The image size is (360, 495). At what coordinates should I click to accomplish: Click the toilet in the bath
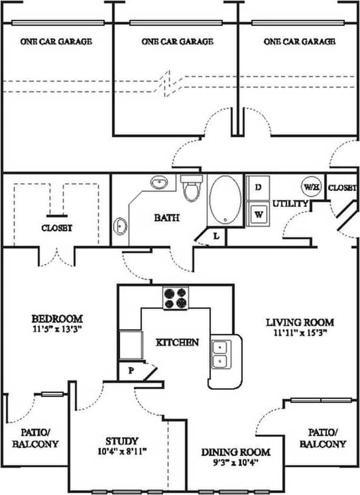(x=192, y=188)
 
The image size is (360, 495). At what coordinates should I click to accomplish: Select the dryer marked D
(x=258, y=188)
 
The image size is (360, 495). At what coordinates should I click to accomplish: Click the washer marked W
(x=258, y=214)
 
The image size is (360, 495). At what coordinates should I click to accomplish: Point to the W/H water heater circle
(x=312, y=186)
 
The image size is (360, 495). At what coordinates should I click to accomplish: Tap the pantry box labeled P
(x=131, y=372)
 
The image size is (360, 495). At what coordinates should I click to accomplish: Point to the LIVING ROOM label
(x=300, y=323)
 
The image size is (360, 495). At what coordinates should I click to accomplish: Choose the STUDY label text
(x=122, y=441)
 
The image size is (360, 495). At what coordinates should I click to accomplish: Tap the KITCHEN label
(x=177, y=343)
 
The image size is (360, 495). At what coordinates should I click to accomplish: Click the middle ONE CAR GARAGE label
(x=177, y=41)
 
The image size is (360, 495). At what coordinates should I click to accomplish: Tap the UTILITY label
(x=292, y=203)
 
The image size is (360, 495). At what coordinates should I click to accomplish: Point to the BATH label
(x=165, y=217)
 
